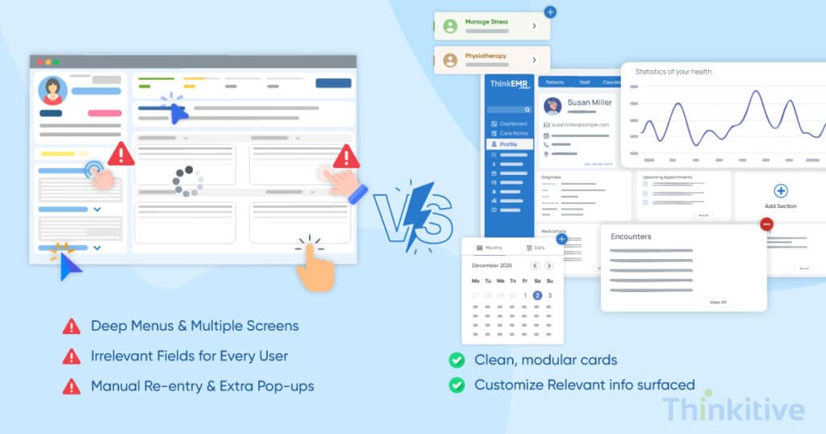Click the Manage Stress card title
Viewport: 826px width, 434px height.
pos(487,22)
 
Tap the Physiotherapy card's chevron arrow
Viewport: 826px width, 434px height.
pos(534,60)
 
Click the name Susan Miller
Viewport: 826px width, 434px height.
pos(590,102)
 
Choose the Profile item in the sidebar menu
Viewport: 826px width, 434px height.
pos(508,144)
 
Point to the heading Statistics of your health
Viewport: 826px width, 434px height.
pos(674,72)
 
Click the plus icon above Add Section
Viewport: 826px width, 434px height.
pos(780,191)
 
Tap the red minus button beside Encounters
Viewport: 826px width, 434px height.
pos(766,225)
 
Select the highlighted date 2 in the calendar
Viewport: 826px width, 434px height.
pos(537,295)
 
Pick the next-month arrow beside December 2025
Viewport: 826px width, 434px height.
pos(549,265)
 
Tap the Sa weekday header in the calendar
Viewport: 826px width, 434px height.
pos(537,281)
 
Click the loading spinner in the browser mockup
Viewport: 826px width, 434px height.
pos(187,181)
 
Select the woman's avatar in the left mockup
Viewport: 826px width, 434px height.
pos(53,90)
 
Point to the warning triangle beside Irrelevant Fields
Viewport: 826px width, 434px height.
pos(72,356)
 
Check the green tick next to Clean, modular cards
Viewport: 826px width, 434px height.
pos(457,360)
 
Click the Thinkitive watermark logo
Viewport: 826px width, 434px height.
pos(732,409)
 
